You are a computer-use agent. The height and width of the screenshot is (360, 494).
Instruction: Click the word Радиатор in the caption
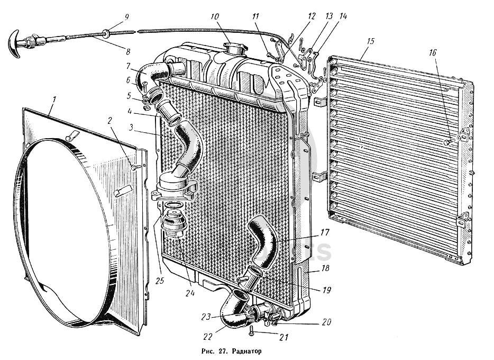(x=243, y=350)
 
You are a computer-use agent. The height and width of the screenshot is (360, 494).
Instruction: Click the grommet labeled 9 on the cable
(x=107, y=34)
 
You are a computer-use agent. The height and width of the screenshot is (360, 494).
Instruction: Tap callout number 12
(x=312, y=16)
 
